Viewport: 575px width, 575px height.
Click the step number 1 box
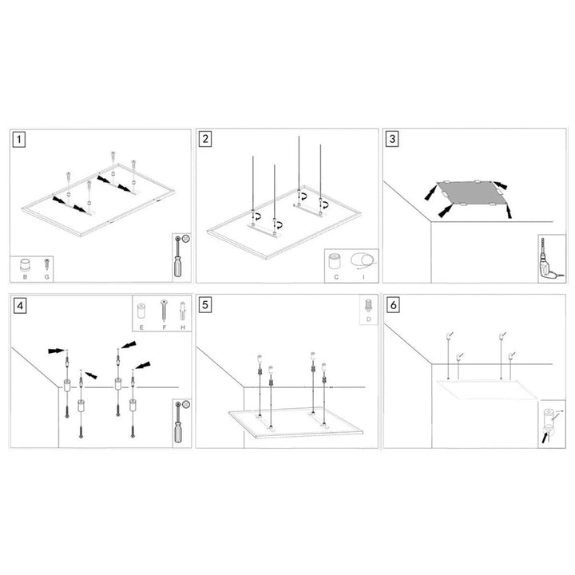(20, 140)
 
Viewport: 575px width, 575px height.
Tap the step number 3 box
(392, 140)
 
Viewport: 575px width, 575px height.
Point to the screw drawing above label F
(165, 307)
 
